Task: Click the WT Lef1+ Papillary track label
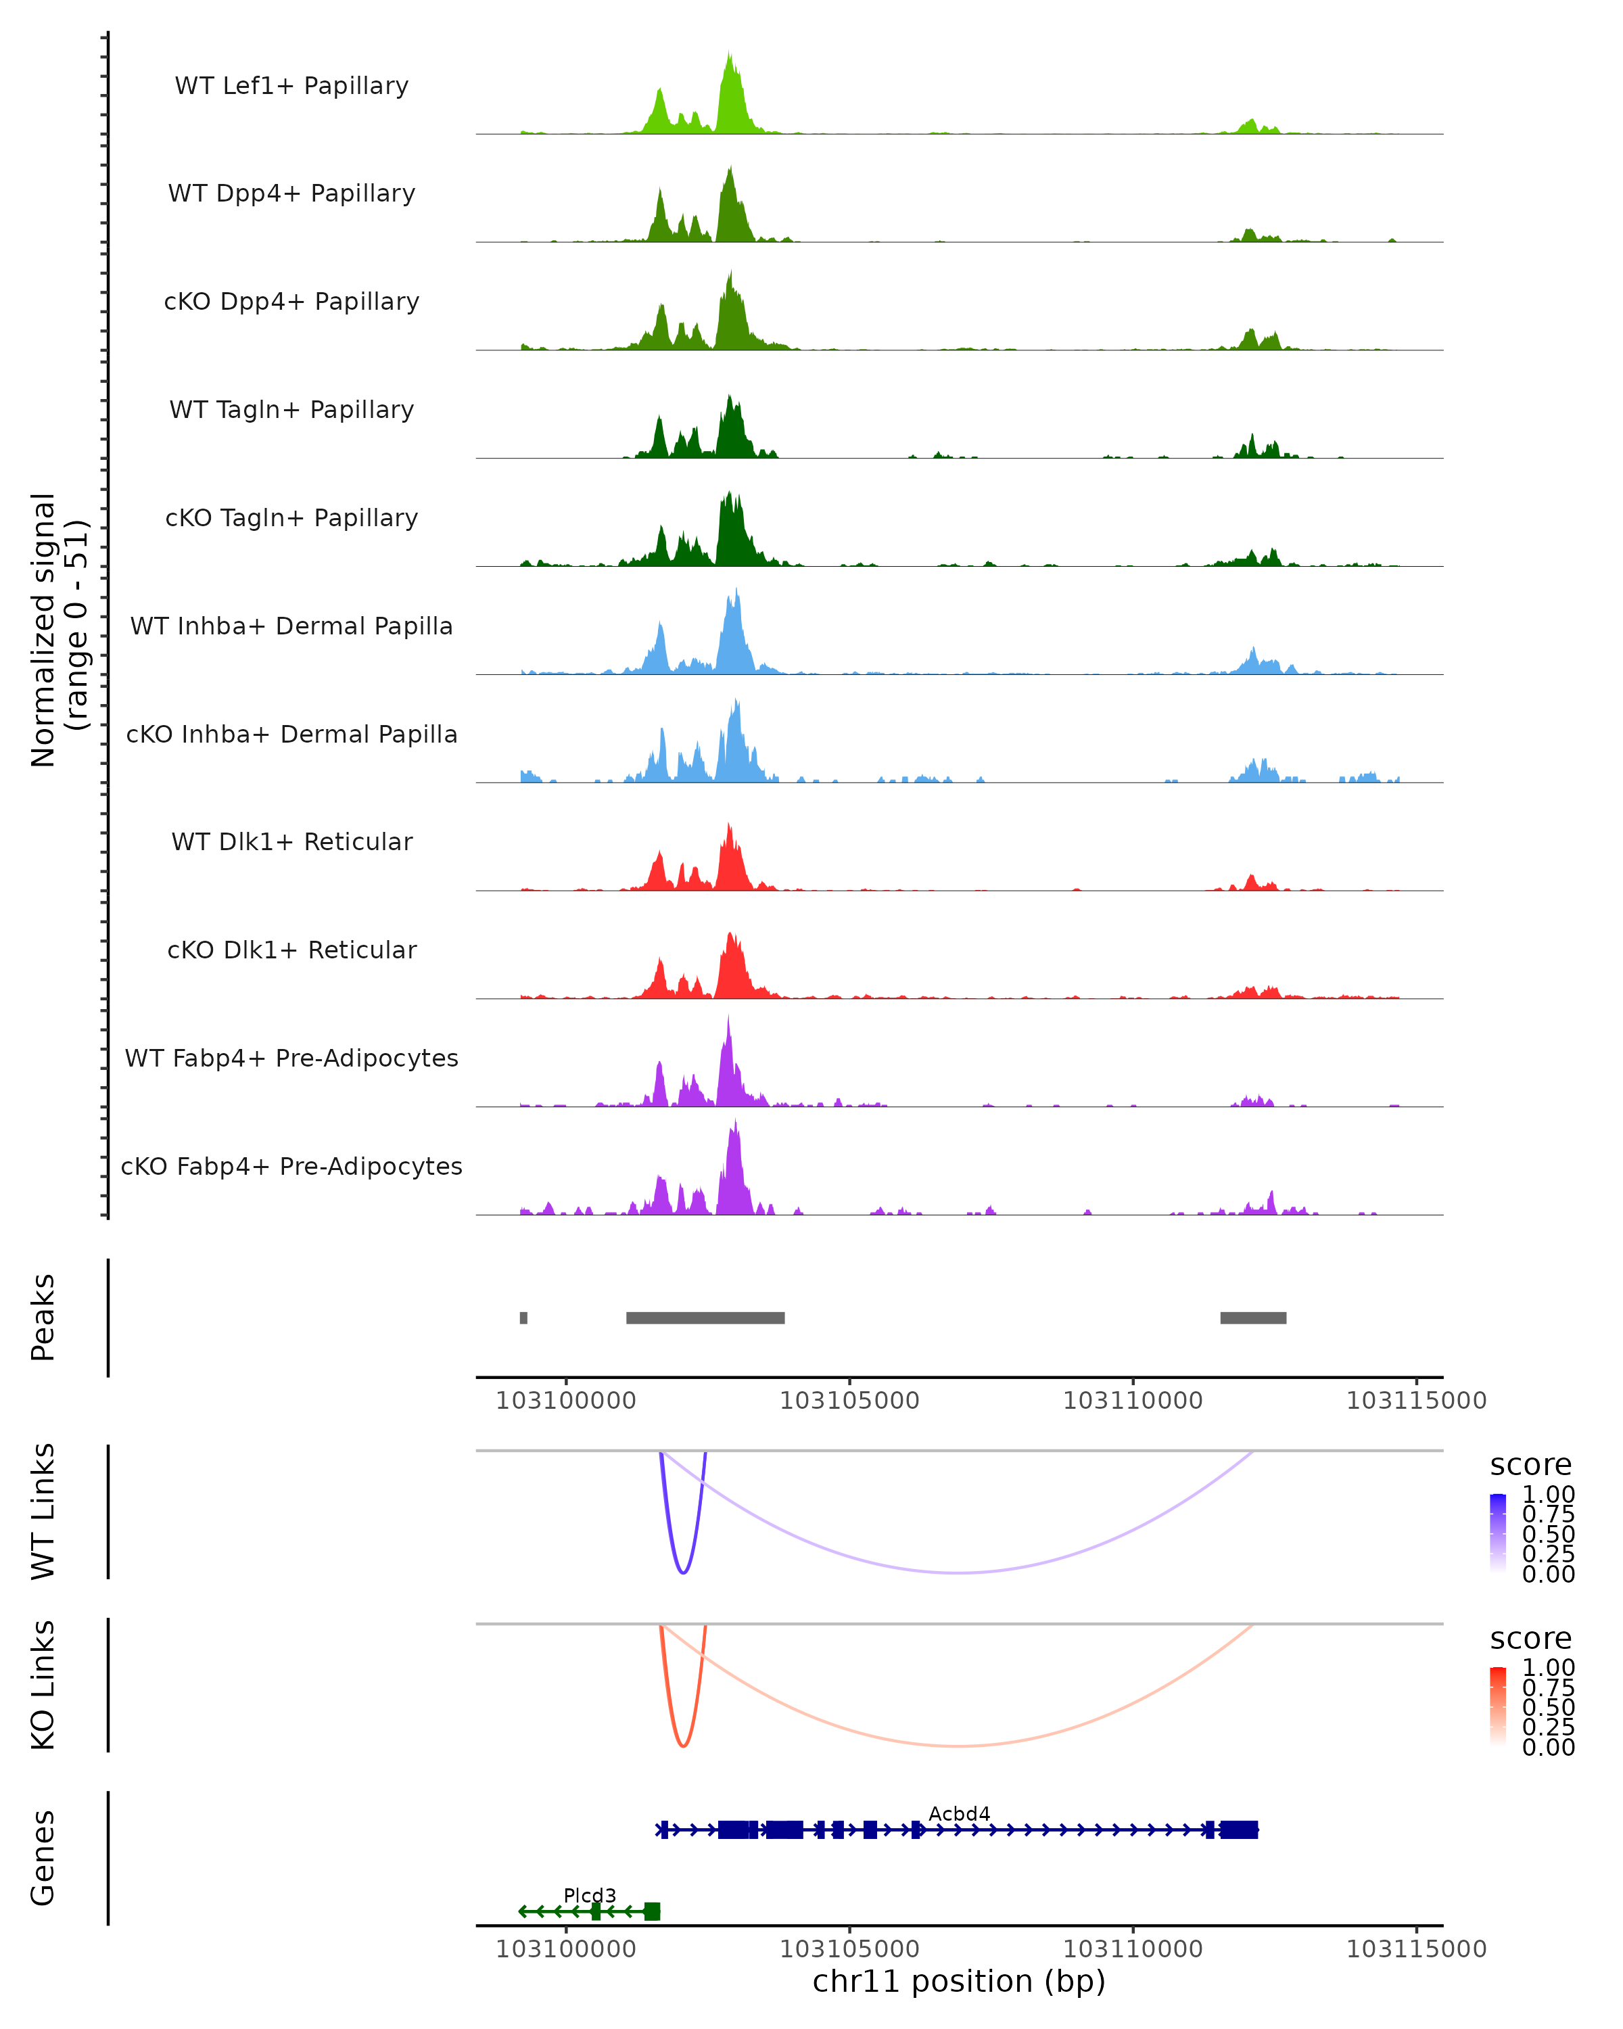[291, 86]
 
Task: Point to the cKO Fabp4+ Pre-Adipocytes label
[291, 1166]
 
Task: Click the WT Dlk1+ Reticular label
[291, 841]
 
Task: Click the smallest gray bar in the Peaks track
[524, 1317]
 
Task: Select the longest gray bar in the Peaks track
[705, 1317]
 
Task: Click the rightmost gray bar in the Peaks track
[1253, 1317]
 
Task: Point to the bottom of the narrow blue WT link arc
[683, 1572]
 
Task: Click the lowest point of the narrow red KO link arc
[683, 1746]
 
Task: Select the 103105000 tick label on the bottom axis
[849, 1949]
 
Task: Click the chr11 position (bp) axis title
[959, 1982]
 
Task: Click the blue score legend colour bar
[1498, 1532]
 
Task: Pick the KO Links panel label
[43, 1685]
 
